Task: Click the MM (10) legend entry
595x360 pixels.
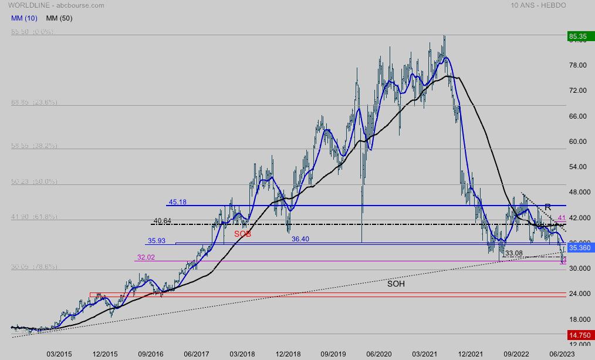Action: coord(25,18)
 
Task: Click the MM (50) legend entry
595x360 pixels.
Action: coord(59,18)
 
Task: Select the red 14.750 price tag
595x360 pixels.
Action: coord(579,335)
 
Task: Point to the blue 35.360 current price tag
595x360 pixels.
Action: coord(579,248)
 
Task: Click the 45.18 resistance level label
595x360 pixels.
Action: coord(178,202)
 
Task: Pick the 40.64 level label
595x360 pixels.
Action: coord(162,221)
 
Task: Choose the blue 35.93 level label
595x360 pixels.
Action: coord(157,241)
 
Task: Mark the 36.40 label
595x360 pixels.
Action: coord(301,239)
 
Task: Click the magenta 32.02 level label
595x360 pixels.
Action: coord(146,257)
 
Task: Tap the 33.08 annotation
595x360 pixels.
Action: coord(513,253)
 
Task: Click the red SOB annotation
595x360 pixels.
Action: coord(243,234)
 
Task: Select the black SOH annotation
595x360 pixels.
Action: coord(395,284)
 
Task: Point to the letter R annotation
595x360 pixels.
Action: coord(547,207)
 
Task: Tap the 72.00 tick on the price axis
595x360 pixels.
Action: coord(579,90)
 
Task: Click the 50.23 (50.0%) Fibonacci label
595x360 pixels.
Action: coord(34,182)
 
